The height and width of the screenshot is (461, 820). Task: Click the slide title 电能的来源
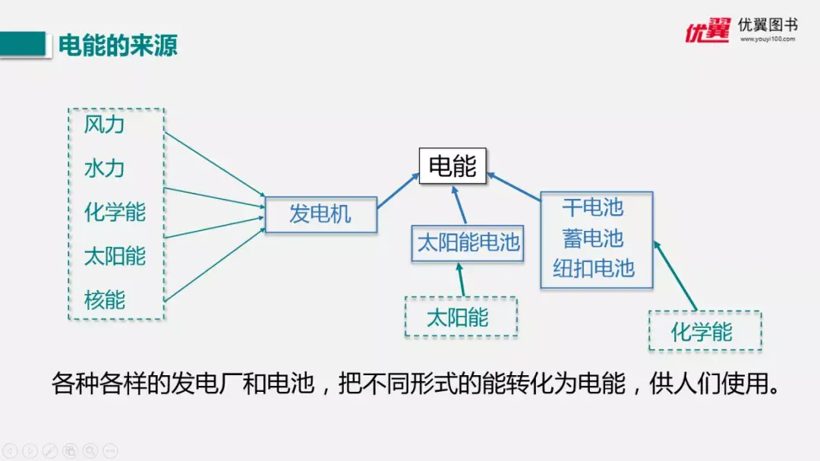[x=118, y=45]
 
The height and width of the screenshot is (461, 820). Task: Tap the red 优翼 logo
[x=707, y=31]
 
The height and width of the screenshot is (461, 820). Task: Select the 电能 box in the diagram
[x=453, y=166]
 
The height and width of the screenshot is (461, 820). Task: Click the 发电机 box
[x=320, y=214]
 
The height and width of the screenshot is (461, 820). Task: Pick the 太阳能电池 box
[x=468, y=243]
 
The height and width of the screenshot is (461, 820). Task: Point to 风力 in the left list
[x=104, y=125]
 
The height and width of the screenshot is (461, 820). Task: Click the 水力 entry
[x=104, y=168]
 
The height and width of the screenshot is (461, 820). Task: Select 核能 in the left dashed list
[x=104, y=300]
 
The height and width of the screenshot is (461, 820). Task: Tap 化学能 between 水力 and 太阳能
[x=115, y=212]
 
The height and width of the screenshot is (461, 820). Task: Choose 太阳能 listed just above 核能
[x=115, y=256]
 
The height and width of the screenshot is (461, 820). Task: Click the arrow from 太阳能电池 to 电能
[x=460, y=203]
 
